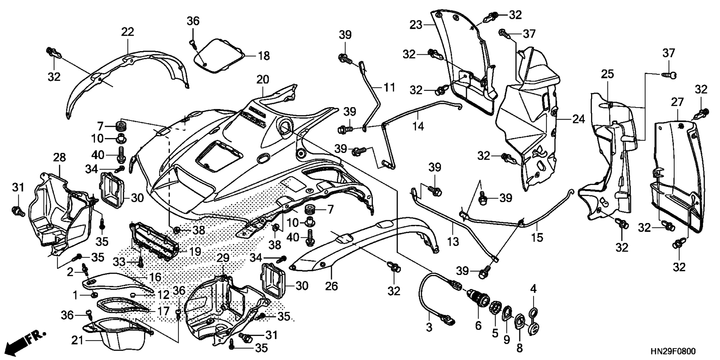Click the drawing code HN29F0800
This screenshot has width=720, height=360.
pyautogui.click(x=673, y=352)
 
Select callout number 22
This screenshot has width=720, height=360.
pyautogui.click(x=127, y=31)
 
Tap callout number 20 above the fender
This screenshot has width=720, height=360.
pyautogui.click(x=263, y=79)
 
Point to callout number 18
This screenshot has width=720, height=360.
pyautogui.click(x=264, y=56)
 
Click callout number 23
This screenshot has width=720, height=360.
pyautogui.click(x=416, y=25)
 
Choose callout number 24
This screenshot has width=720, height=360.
pyautogui.click(x=579, y=119)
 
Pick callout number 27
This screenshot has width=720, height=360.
pyautogui.click(x=677, y=102)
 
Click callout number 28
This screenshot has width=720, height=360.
pyautogui.click(x=59, y=157)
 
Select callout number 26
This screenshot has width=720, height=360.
pyautogui.click(x=331, y=286)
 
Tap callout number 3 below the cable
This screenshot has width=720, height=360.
pyautogui.click(x=429, y=327)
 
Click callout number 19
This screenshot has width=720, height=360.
pyautogui.click(x=194, y=251)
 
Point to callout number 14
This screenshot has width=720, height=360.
pyautogui.click(x=418, y=126)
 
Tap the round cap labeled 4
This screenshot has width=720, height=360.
pyautogui.click(x=533, y=313)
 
